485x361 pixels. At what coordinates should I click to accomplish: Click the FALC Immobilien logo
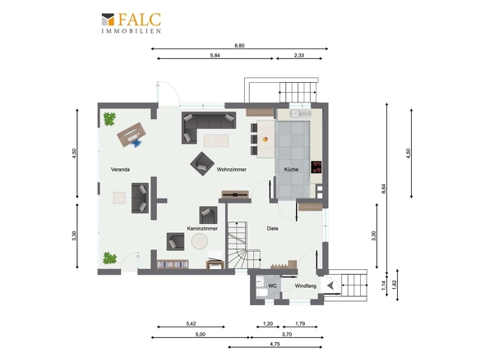[x=132, y=22]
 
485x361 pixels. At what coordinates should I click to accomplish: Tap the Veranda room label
[x=120, y=170]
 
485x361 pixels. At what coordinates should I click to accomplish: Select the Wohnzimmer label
[x=231, y=170]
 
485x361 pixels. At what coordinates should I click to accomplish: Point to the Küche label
[x=291, y=170]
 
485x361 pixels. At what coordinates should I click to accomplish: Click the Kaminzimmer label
[x=202, y=229]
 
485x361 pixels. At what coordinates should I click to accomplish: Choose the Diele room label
[x=272, y=229]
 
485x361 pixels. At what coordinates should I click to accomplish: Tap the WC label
[x=272, y=286]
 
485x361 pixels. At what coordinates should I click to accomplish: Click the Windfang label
[x=306, y=286]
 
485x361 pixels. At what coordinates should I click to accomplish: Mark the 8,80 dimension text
[x=239, y=46]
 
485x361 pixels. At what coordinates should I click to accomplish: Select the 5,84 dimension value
[x=215, y=56]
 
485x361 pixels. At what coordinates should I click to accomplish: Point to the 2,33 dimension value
[x=299, y=56]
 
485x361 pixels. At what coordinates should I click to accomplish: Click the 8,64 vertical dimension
[x=384, y=189]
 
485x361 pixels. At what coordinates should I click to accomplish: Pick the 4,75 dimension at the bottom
[x=275, y=344]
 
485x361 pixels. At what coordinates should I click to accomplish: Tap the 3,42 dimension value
[x=191, y=324]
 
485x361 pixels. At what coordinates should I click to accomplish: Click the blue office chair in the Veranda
[x=136, y=144]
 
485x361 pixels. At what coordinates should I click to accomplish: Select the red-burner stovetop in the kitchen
[x=316, y=167]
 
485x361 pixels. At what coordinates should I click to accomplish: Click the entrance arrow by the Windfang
[x=330, y=286]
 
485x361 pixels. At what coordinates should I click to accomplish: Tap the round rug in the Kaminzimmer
[x=200, y=241]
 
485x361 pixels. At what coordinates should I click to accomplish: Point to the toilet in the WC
[x=261, y=292]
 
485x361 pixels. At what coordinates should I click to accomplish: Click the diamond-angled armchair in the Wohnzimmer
[x=202, y=163]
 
